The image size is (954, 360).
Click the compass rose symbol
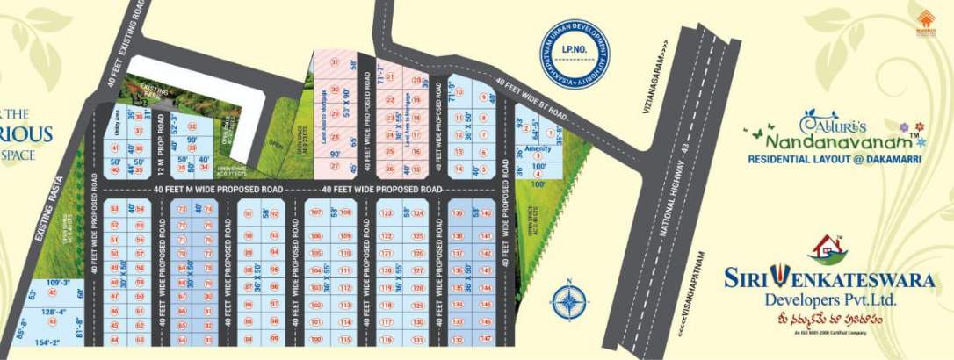(x=569, y=301)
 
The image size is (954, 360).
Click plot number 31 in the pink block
(x=334, y=62)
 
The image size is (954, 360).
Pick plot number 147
(x=485, y=338)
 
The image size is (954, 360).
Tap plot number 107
(x=317, y=212)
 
